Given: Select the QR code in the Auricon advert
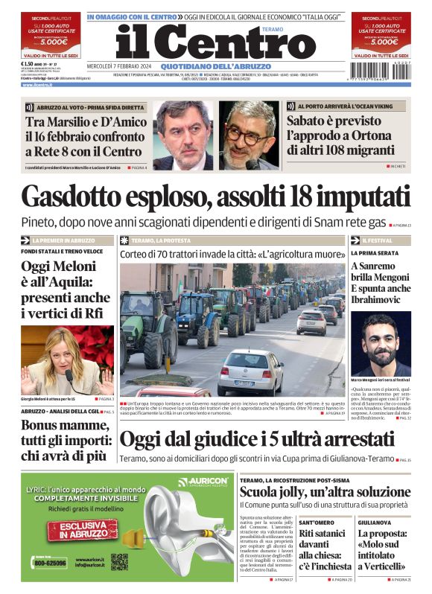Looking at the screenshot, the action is pyautogui.click(x=119, y=562).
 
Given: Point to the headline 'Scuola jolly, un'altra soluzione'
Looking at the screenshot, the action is pyautogui.click(x=325, y=493).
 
